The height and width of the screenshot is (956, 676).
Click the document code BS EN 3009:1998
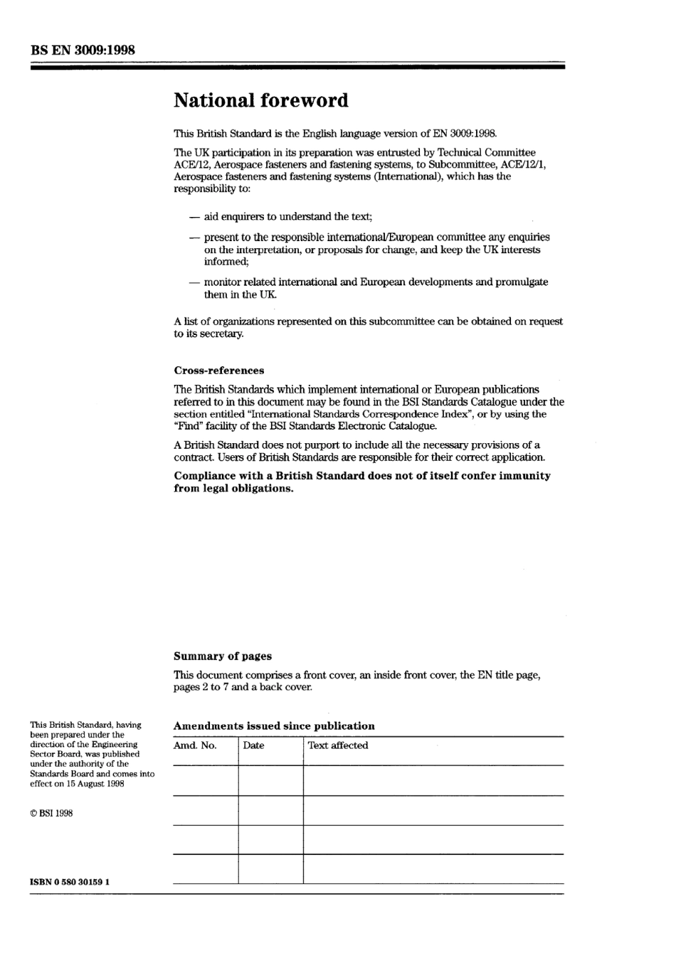tap(83, 50)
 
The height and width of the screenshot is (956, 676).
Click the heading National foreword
tap(261, 100)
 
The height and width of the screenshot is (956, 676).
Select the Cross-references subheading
tap(218, 371)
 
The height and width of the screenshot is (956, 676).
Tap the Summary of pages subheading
tap(223, 657)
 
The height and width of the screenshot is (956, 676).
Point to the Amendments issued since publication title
tap(274, 726)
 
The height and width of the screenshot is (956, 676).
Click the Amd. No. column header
tap(195, 745)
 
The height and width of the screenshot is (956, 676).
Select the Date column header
tap(253, 745)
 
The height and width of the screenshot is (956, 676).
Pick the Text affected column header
tap(338, 745)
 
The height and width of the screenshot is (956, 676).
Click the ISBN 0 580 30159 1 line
tap(70, 882)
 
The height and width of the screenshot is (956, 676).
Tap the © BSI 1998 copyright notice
tap(51, 814)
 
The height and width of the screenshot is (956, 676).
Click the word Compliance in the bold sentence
tap(205, 476)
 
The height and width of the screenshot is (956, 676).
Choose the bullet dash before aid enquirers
tap(194, 217)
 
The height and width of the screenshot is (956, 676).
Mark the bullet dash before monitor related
tap(194, 282)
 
